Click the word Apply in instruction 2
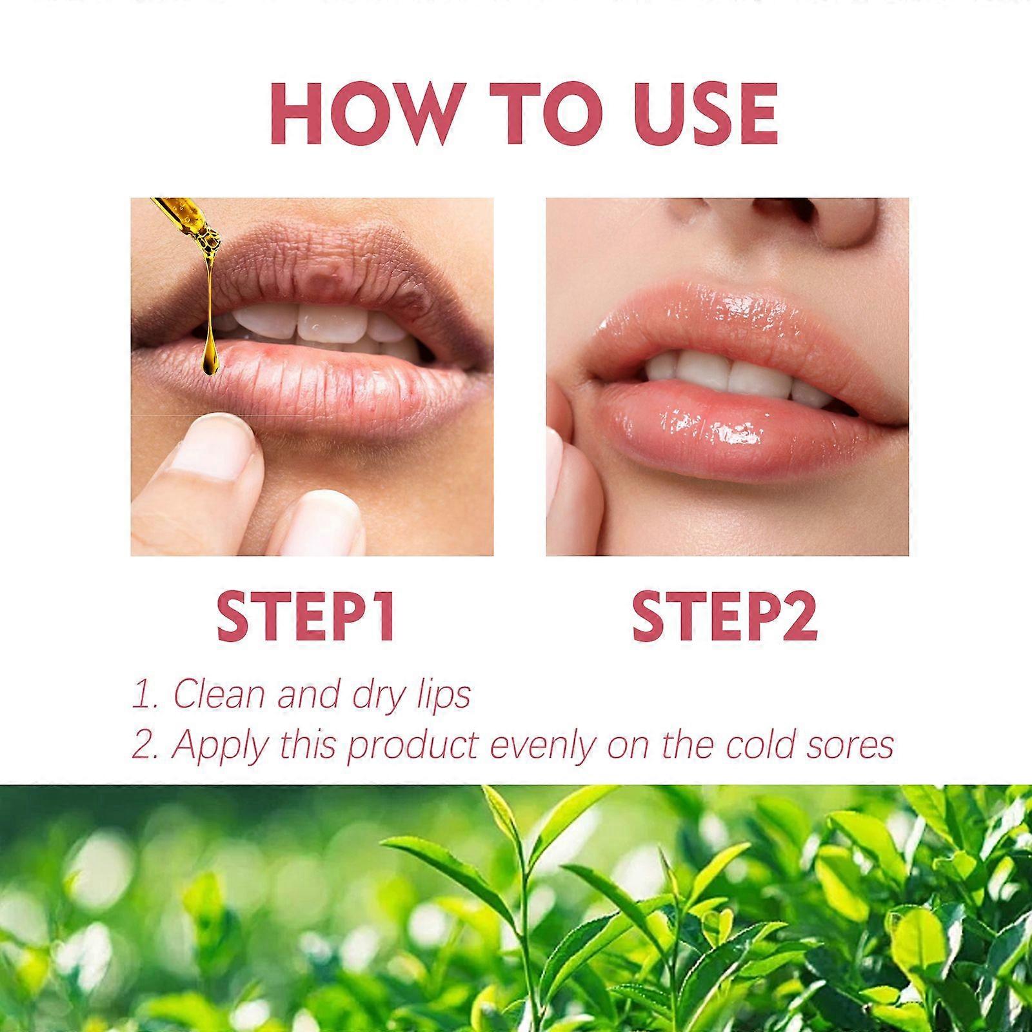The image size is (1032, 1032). [x=219, y=746]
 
